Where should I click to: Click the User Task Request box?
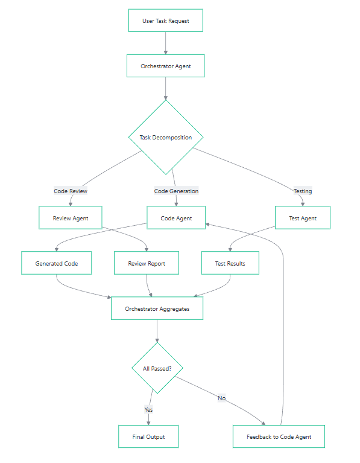point(166,21)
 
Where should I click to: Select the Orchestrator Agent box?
point(166,66)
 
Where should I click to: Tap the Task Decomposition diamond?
point(166,137)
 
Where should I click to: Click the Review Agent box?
point(71,218)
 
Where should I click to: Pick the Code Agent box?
point(176,218)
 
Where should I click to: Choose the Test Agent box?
point(303,218)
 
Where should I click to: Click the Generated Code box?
point(56,263)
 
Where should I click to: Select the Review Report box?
point(147,263)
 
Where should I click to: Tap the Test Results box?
point(230,263)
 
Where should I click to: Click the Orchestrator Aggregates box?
point(157,308)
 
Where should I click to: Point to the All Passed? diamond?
point(157,368)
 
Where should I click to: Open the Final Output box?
point(148,436)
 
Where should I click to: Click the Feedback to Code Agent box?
point(279,436)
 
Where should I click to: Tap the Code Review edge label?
point(71,191)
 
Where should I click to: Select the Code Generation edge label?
point(176,191)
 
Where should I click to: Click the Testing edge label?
point(303,191)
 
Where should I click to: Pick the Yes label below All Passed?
point(148,409)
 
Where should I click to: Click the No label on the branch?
point(221,398)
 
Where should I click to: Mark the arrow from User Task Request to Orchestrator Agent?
point(166,43)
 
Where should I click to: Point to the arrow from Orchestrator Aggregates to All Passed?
point(157,331)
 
